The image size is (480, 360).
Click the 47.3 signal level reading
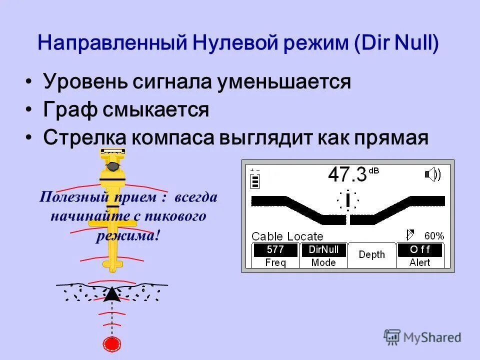coord(347,175)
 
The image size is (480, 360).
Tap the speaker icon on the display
coord(432,174)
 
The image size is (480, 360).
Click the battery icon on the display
coord(255,179)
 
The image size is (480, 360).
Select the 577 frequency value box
coord(275,249)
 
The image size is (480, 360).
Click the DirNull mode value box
coord(323,249)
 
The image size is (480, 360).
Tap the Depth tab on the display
coord(372,255)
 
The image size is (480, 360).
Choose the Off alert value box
coord(420,249)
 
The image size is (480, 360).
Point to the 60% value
coord(433,236)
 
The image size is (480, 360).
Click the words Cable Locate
coord(287,236)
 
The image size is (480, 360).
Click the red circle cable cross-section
coord(112,343)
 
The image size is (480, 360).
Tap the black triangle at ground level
coord(112,294)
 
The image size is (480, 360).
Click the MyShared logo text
coord(431,337)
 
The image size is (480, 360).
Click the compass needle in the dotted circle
coord(347,201)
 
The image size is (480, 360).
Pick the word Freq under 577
coord(275,263)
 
